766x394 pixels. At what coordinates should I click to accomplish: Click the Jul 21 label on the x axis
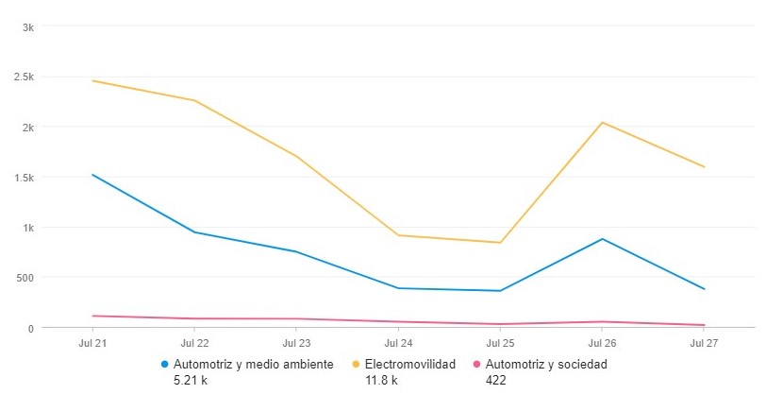tap(93, 343)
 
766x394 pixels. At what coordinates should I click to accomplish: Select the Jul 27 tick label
tap(703, 343)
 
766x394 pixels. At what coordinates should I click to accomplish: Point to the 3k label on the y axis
tap(28, 27)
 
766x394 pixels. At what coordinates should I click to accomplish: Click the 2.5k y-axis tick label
tap(25, 77)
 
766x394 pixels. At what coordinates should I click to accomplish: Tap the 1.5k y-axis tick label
tap(25, 178)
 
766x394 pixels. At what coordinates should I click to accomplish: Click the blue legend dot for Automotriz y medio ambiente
tap(165, 364)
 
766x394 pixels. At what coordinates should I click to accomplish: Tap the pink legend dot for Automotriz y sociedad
tap(477, 364)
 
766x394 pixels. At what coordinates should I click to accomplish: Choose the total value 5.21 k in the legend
tap(192, 380)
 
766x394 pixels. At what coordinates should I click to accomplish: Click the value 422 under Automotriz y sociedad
tap(496, 380)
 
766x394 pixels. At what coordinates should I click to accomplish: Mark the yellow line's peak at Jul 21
tap(93, 81)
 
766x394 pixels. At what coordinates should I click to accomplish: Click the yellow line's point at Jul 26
tap(602, 123)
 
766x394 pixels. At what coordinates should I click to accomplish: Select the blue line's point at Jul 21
tap(93, 175)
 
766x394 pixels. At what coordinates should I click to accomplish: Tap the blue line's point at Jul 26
tap(602, 239)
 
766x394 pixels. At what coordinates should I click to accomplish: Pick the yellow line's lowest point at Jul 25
tap(500, 243)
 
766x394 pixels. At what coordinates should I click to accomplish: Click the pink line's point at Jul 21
tap(93, 316)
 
